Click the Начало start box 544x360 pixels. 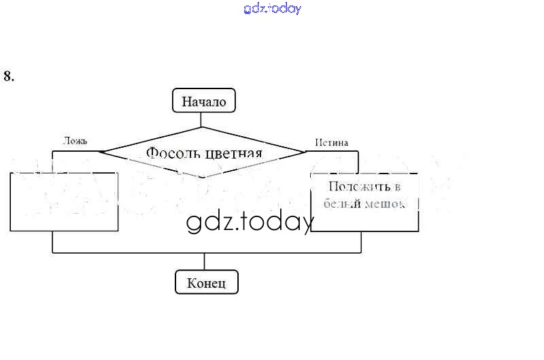pyautogui.click(x=203, y=102)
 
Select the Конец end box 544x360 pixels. pyautogui.click(x=206, y=282)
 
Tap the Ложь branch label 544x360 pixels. pyautogui.click(x=75, y=142)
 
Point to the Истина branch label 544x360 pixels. pyautogui.click(x=331, y=143)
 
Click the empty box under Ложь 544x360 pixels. pyautogui.click(x=65, y=201)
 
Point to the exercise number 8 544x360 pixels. pyautogui.click(x=9, y=76)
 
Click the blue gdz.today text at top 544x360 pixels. pyautogui.click(x=272, y=9)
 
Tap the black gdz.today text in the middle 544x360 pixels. pyautogui.click(x=250, y=222)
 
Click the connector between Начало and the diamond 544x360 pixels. pyautogui.click(x=202, y=120)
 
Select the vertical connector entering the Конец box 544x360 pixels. pyautogui.click(x=205, y=262)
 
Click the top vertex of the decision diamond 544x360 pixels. pyautogui.click(x=202, y=127)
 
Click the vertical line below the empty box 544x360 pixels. pyautogui.click(x=52, y=242)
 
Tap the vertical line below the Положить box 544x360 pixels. pyautogui.click(x=360, y=242)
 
